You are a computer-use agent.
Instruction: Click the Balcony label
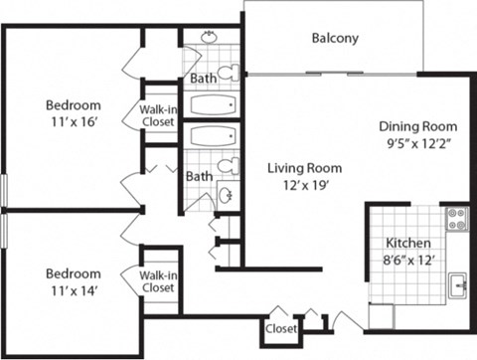click(x=335, y=39)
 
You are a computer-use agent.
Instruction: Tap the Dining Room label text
click(x=418, y=126)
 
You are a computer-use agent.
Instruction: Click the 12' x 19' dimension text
click(x=304, y=185)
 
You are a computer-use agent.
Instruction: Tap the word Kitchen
click(x=407, y=243)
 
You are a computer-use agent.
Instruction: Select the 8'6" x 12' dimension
click(x=407, y=261)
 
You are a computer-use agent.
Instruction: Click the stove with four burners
click(x=456, y=219)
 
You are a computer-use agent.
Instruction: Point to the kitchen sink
click(x=457, y=284)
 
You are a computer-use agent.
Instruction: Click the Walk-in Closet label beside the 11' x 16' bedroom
click(x=158, y=116)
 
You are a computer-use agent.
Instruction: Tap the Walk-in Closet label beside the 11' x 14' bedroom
click(x=158, y=281)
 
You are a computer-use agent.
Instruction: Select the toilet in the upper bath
click(x=229, y=73)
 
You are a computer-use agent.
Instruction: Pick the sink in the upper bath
click(x=209, y=38)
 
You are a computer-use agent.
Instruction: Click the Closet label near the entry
click(x=281, y=327)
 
